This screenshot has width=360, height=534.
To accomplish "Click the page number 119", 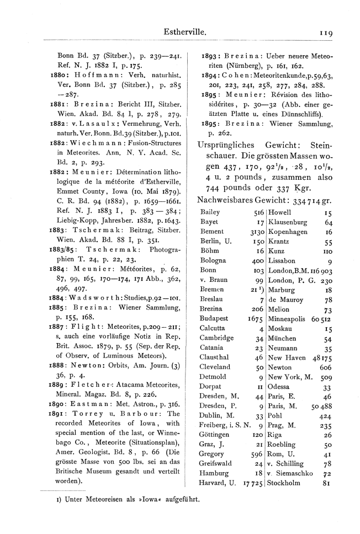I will click(x=325, y=33).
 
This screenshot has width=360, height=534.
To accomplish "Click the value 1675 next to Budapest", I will click(x=255, y=319).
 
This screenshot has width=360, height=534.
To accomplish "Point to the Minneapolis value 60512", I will click(x=321, y=319).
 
